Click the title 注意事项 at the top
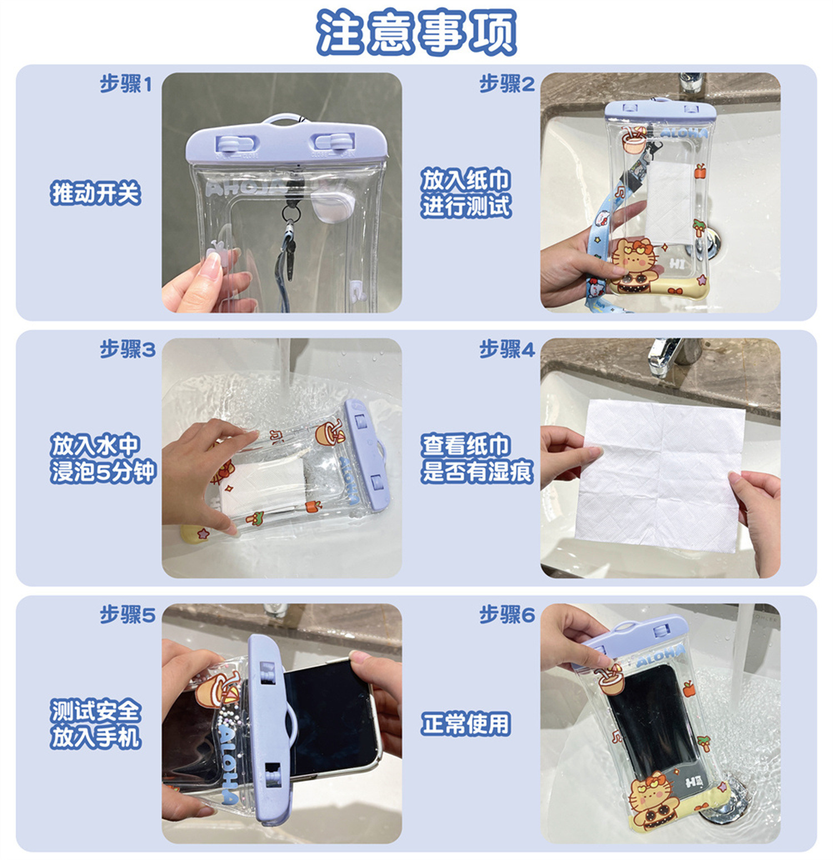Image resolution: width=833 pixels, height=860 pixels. click(x=416, y=32)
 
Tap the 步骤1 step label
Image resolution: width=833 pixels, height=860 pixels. click(x=126, y=84)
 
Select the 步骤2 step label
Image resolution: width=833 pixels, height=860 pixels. click(x=506, y=84)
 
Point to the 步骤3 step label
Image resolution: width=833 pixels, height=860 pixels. click(x=127, y=349)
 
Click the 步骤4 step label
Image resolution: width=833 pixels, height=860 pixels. click(x=506, y=349)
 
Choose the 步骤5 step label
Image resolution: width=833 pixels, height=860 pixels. click(x=127, y=615)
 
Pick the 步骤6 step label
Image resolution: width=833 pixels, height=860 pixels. click(x=506, y=615)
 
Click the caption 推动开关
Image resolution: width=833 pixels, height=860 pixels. click(x=96, y=193)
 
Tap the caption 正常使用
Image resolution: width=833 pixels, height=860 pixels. click(x=465, y=724)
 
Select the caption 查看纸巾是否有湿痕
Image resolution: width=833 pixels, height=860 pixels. click(x=476, y=458)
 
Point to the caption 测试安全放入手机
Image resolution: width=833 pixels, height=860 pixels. click(x=96, y=724)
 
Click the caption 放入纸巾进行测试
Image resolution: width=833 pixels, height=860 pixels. click(x=465, y=193)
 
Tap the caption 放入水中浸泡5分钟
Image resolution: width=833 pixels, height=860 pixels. click(x=103, y=458)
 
